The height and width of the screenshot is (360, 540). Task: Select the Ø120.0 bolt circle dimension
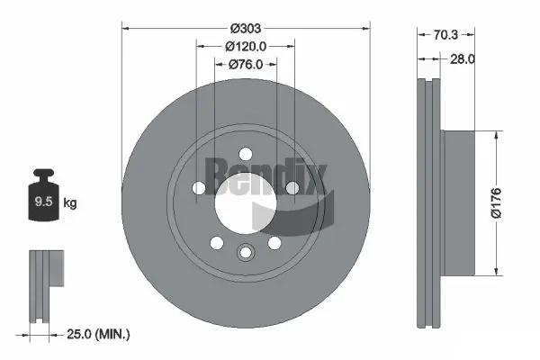click(245, 45)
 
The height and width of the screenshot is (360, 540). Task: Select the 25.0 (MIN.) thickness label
click(99, 334)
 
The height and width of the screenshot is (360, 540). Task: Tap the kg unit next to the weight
click(70, 203)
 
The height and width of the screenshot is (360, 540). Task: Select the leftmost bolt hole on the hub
click(198, 188)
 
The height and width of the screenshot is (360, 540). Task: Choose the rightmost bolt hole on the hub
click(292, 188)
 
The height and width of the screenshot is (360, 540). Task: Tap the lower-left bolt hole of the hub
click(216, 243)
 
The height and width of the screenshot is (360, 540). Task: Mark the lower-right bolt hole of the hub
click(274, 243)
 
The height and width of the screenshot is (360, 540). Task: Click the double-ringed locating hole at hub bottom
click(245, 253)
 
